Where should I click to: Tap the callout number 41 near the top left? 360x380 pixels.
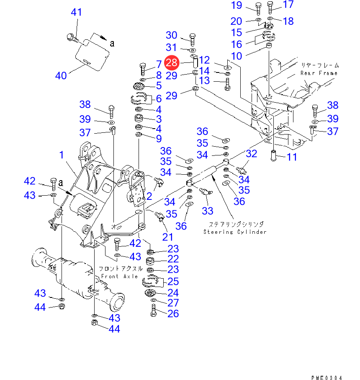[76, 12]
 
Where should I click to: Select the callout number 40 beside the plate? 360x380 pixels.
[61, 76]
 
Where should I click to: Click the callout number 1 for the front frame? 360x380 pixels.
[62, 155]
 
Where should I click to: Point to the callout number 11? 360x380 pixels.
[291, 158]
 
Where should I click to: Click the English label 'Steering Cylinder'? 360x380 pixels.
[235, 232]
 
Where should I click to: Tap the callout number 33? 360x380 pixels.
[208, 210]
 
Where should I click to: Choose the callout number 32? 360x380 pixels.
[251, 154]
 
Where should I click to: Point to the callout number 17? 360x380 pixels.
[289, 5]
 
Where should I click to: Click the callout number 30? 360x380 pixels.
[172, 35]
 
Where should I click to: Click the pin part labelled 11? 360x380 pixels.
[275, 156]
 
